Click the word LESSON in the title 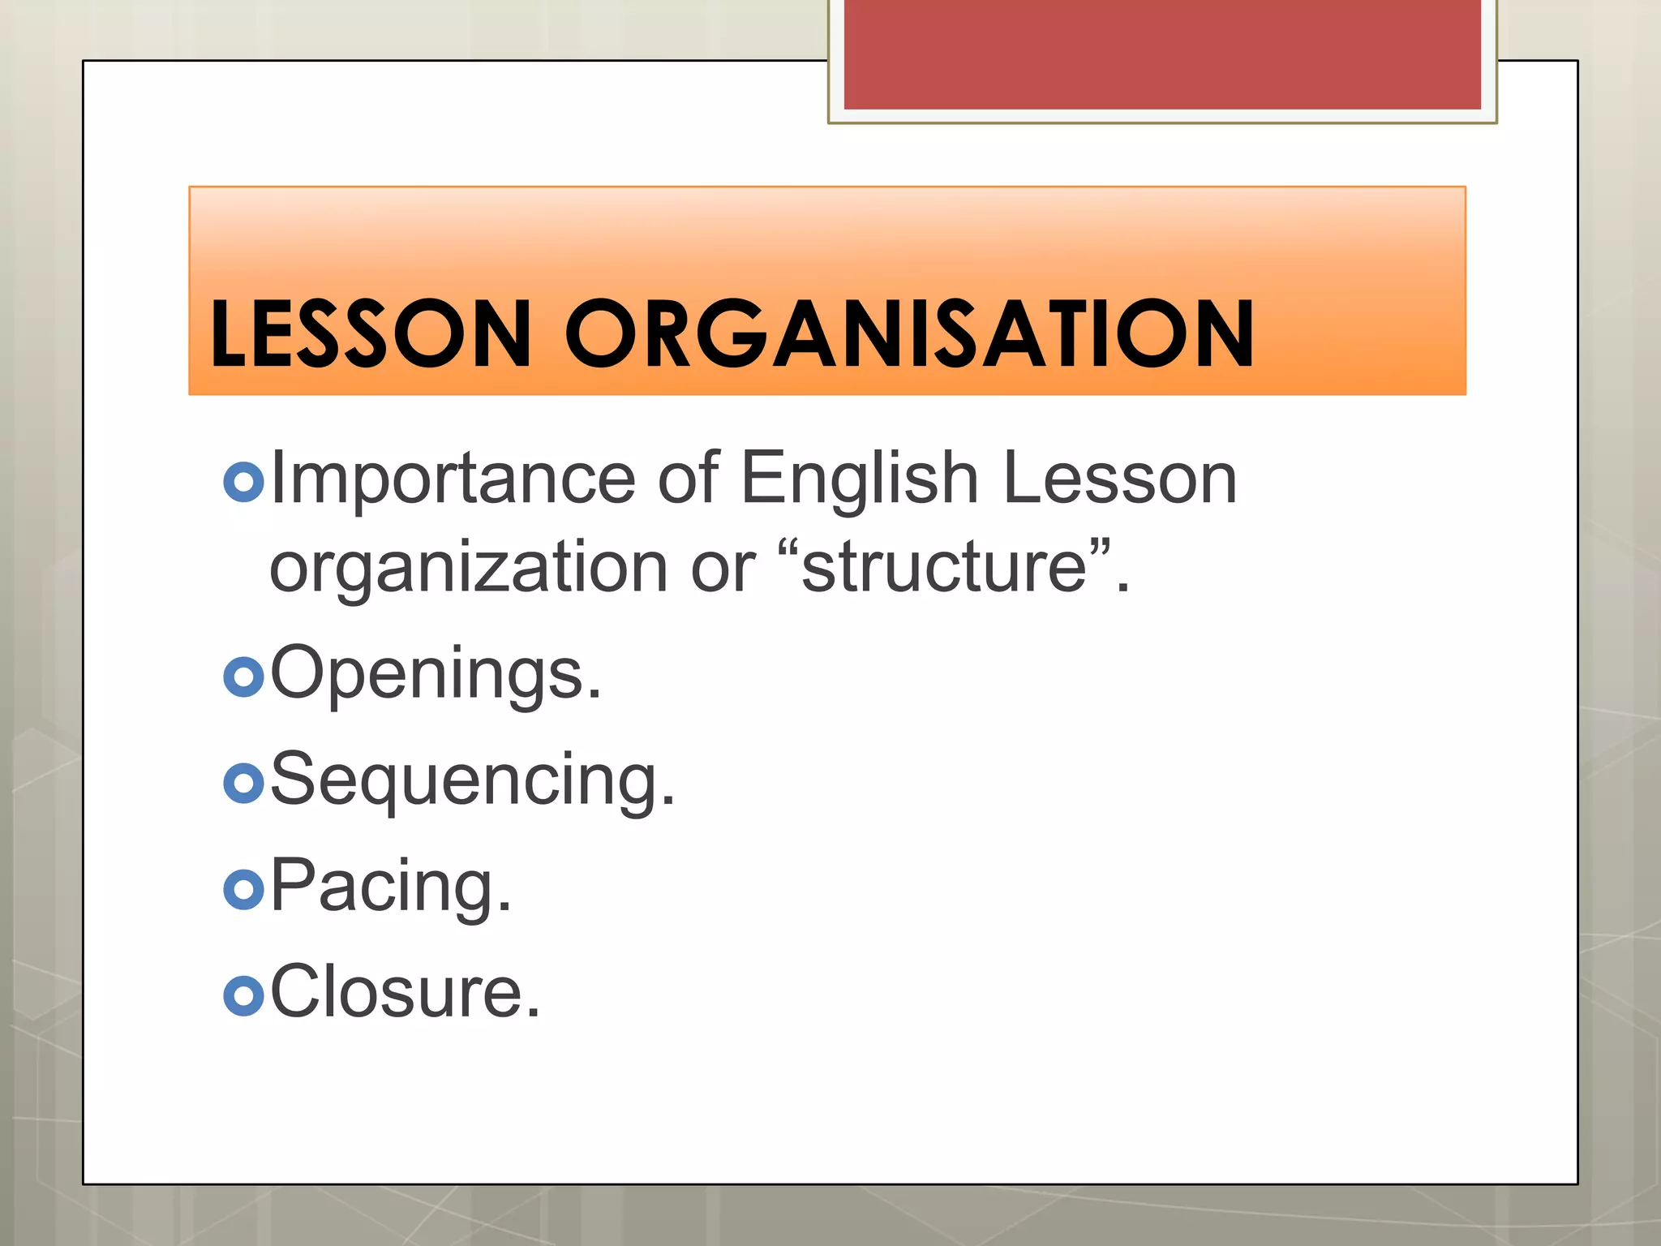[370, 333]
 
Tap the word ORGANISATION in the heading [909, 333]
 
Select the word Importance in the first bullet [453, 479]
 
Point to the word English [860, 479]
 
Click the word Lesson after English [1120, 479]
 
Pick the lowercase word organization [469, 569]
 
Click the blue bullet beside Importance [243, 482]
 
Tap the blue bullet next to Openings [243, 677]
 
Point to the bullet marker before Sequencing [243, 783]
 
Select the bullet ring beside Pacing [243, 889]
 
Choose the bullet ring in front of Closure [243, 995]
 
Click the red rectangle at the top [1162, 54]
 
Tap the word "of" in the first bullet [688, 479]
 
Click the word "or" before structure [723, 569]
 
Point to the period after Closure [532, 1013]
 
